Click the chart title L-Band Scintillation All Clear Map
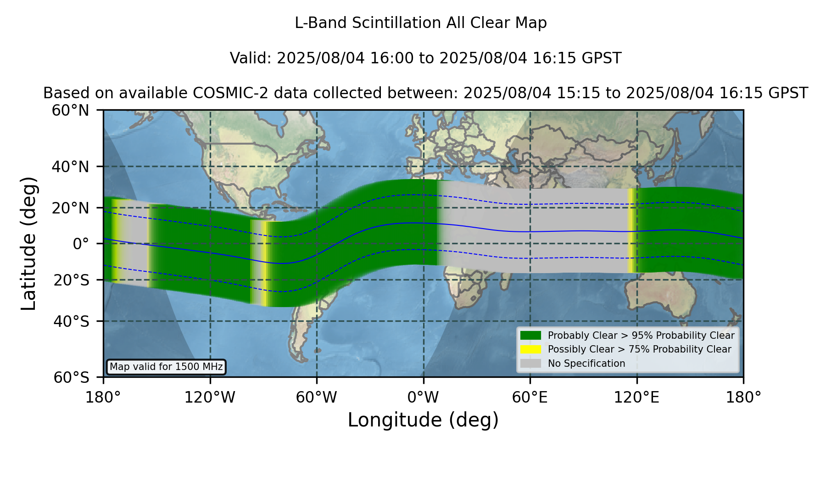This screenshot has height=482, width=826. pos(421,23)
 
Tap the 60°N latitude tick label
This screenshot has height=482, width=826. pos(71,111)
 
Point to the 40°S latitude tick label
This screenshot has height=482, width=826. pos(71,321)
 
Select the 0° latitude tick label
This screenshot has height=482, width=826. pos(81,244)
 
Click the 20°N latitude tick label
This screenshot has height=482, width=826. pos(71,208)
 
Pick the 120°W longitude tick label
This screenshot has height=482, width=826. pos(210,398)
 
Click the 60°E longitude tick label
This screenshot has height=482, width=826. pos(530,398)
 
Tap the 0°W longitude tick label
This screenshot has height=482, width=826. pos(424,398)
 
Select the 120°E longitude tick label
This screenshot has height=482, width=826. pos(636,398)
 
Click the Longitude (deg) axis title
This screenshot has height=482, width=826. pos(423,420)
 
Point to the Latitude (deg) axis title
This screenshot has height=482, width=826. pos(29,243)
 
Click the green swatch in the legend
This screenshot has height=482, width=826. pos(530,336)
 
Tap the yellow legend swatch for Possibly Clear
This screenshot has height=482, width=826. pos(530,349)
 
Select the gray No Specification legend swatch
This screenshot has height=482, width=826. pos(530,364)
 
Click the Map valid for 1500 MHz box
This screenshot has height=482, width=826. pos(166,367)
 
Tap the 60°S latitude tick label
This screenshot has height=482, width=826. pos(71,378)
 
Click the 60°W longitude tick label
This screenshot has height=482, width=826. pos(317,398)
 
